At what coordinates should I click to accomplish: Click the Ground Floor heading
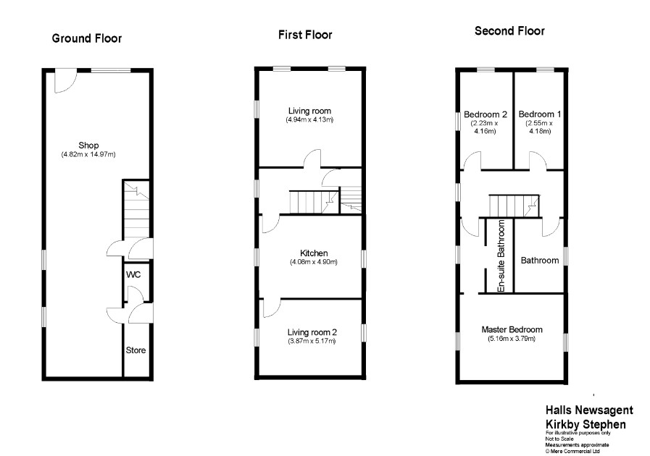[87, 38]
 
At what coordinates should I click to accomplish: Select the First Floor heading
[306, 34]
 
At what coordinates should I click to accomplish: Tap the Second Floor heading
[509, 31]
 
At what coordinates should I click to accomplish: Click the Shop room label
[88, 145]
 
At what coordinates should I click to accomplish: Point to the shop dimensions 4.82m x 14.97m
[88, 154]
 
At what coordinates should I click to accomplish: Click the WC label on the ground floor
[134, 276]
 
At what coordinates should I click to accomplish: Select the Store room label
[136, 350]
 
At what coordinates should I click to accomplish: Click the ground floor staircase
[136, 209]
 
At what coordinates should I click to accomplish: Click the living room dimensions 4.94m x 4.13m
[309, 119]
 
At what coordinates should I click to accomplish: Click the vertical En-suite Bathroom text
[500, 256]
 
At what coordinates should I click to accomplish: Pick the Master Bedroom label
[512, 330]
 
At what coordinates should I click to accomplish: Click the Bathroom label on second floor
[540, 261]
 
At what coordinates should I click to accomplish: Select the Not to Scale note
[559, 439]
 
